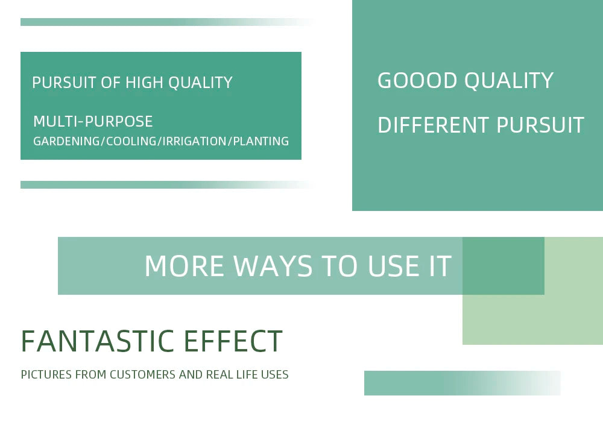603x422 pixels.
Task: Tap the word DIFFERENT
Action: [x=434, y=125]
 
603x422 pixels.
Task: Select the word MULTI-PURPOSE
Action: [x=93, y=121]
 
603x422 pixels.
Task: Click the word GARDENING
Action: [x=66, y=141]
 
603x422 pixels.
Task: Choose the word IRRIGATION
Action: [x=194, y=141]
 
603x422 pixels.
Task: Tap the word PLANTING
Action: [x=260, y=141]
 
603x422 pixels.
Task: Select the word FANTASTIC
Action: [x=98, y=341]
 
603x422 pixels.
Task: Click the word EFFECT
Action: [x=233, y=341]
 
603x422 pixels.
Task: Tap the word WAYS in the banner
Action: [x=273, y=266]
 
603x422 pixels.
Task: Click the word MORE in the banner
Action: [x=184, y=266]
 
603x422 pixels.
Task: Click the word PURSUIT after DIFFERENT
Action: [x=540, y=125]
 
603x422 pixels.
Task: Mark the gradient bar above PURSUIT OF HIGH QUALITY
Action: [x=168, y=22]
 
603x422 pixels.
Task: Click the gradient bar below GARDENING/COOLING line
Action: [x=168, y=185]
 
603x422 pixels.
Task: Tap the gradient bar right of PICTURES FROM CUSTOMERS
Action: [x=463, y=383]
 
